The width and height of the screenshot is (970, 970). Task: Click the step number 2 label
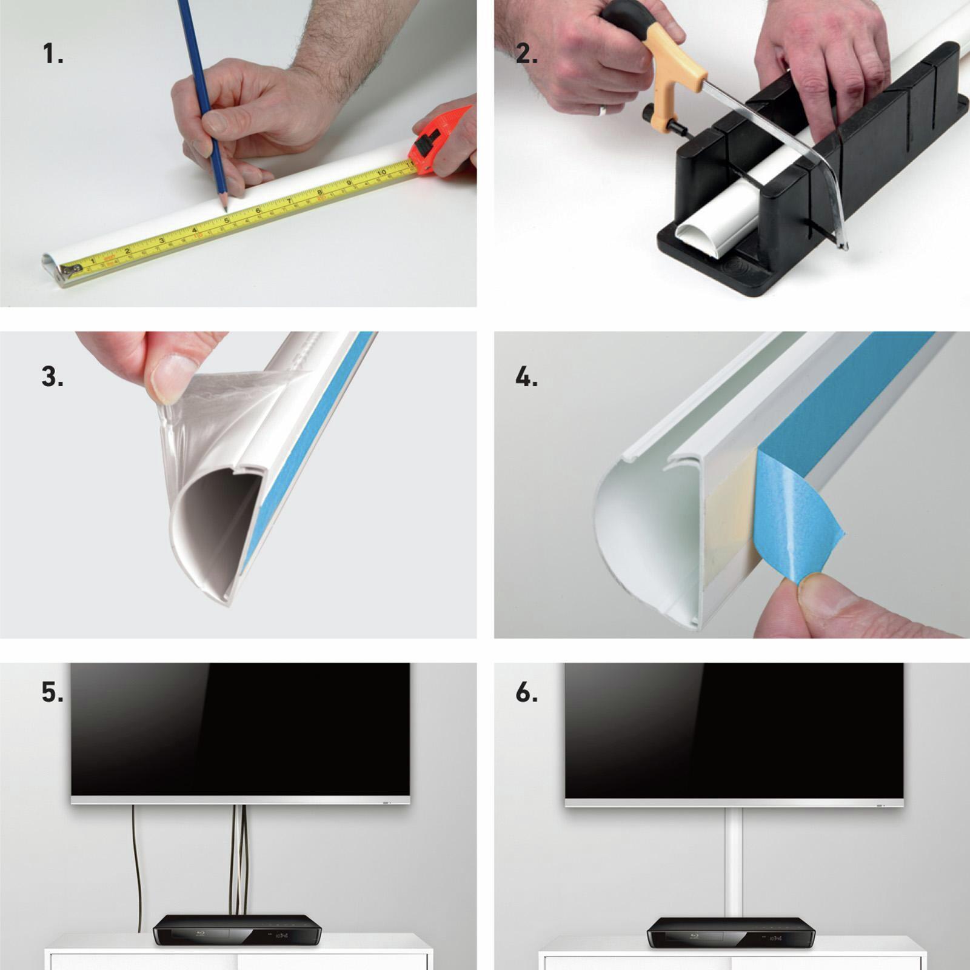pyautogui.click(x=526, y=55)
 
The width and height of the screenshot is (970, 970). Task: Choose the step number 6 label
pyautogui.click(x=526, y=692)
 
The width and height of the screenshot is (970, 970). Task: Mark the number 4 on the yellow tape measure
pyautogui.click(x=194, y=230)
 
